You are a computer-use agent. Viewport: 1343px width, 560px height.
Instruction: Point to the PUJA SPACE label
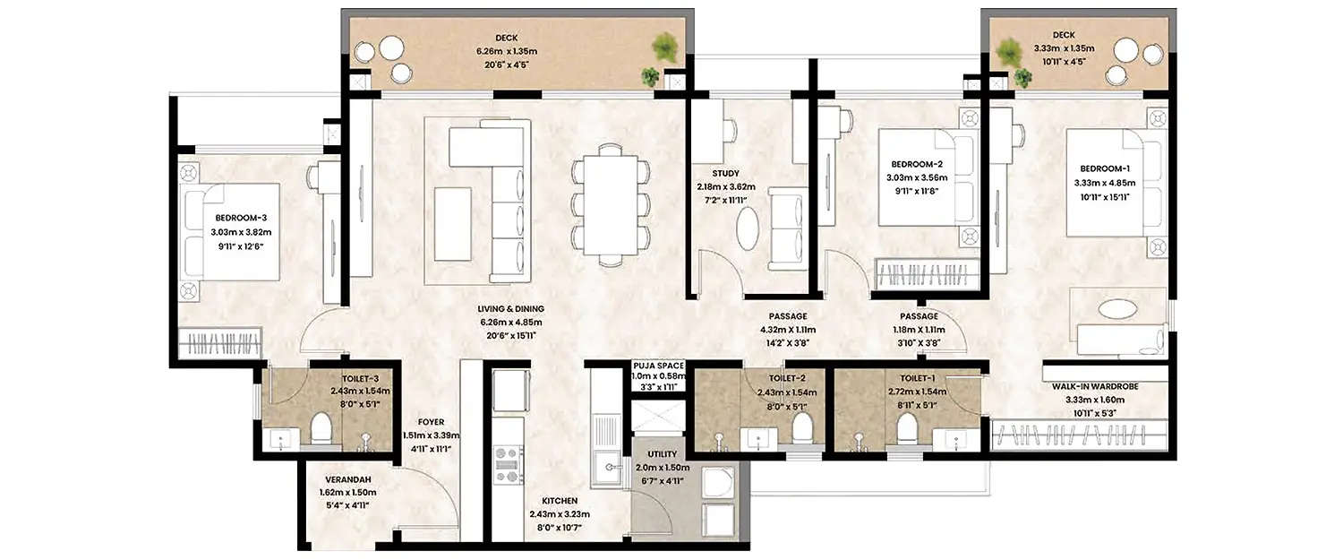click(x=658, y=366)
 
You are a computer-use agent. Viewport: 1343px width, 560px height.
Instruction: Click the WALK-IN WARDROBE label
click(x=1106, y=387)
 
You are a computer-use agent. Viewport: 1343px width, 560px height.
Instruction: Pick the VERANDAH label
click(x=344, y=478)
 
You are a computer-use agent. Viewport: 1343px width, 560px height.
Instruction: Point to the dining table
click(x=608, y=204)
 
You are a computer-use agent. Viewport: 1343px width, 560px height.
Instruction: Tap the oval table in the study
click(x=748, y=228)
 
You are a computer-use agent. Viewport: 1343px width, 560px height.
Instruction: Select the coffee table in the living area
click(x=453, y=223)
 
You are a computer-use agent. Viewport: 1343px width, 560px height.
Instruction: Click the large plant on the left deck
click(x=664, y=47)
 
